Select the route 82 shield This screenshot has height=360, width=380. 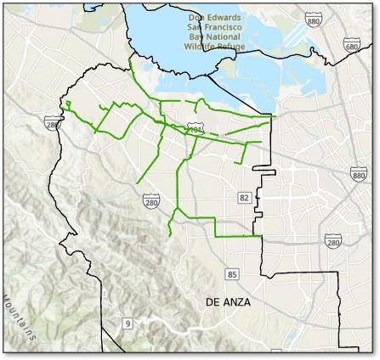pos(245,198)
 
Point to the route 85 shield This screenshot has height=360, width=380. pos(232,273)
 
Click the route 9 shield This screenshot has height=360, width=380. pos(128,323)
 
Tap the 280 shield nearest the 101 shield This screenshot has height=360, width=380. pos(151,201)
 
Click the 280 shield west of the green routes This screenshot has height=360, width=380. pos(54,125)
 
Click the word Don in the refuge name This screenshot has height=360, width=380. pos(197,17)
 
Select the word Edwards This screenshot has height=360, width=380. pos(225,17)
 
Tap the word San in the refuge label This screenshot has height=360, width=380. pos(196,27)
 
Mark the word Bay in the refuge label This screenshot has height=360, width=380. pos(196,37)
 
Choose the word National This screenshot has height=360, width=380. pos(225,37)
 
